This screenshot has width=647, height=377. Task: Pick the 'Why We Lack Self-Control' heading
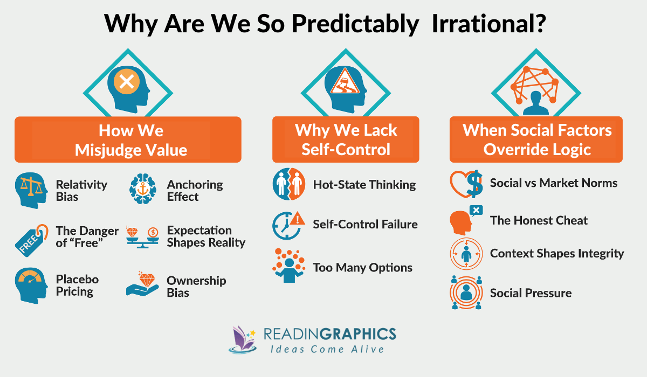tap(346, 139)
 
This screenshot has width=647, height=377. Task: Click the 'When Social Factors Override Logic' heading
tap(536, 139)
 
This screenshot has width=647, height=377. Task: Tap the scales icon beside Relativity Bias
tap(31, 190)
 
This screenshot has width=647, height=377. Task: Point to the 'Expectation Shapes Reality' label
tap(205, 236)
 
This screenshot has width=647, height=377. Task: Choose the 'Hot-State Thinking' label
tap(364, 185)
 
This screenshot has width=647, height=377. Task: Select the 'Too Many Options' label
tap(362, 267)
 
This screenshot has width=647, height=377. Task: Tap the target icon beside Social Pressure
tap(465, 294)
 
